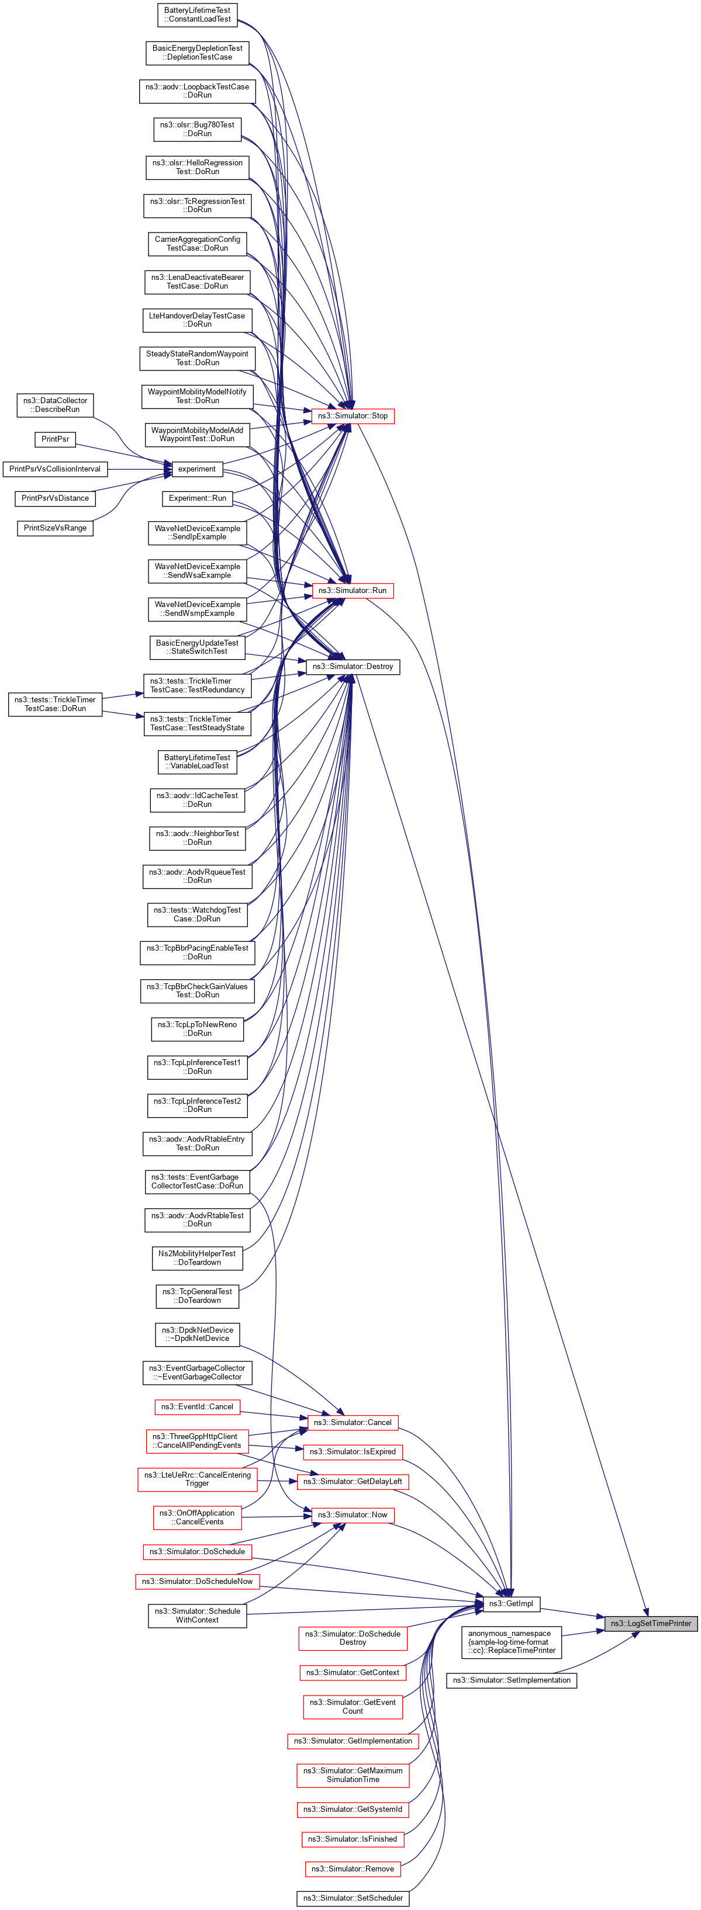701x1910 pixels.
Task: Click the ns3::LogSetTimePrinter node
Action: tap(651, 1623)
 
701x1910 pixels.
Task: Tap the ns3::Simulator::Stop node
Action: tap(353, 416)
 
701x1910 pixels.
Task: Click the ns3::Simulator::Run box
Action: tap(353, 590)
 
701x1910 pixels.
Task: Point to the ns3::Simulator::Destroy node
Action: tap(353, 667)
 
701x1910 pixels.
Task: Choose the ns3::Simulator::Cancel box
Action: tap(353, 1422)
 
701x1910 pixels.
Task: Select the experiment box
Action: tap(196, 469)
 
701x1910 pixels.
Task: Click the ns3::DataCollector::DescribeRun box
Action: tap(55, 405)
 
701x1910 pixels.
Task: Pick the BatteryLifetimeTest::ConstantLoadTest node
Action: tap(197, 15)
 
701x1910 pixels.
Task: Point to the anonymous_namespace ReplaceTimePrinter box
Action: tap(512, 1642)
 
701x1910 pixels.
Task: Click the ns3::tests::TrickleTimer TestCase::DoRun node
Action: tap(55, 703)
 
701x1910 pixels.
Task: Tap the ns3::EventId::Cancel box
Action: tap(197, 1406)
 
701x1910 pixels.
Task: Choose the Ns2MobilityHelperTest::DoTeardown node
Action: tap(197, 1257)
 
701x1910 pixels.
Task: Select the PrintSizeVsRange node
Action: tap(55, 528)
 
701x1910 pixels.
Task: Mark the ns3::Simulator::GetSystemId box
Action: tap(353, 1809)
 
